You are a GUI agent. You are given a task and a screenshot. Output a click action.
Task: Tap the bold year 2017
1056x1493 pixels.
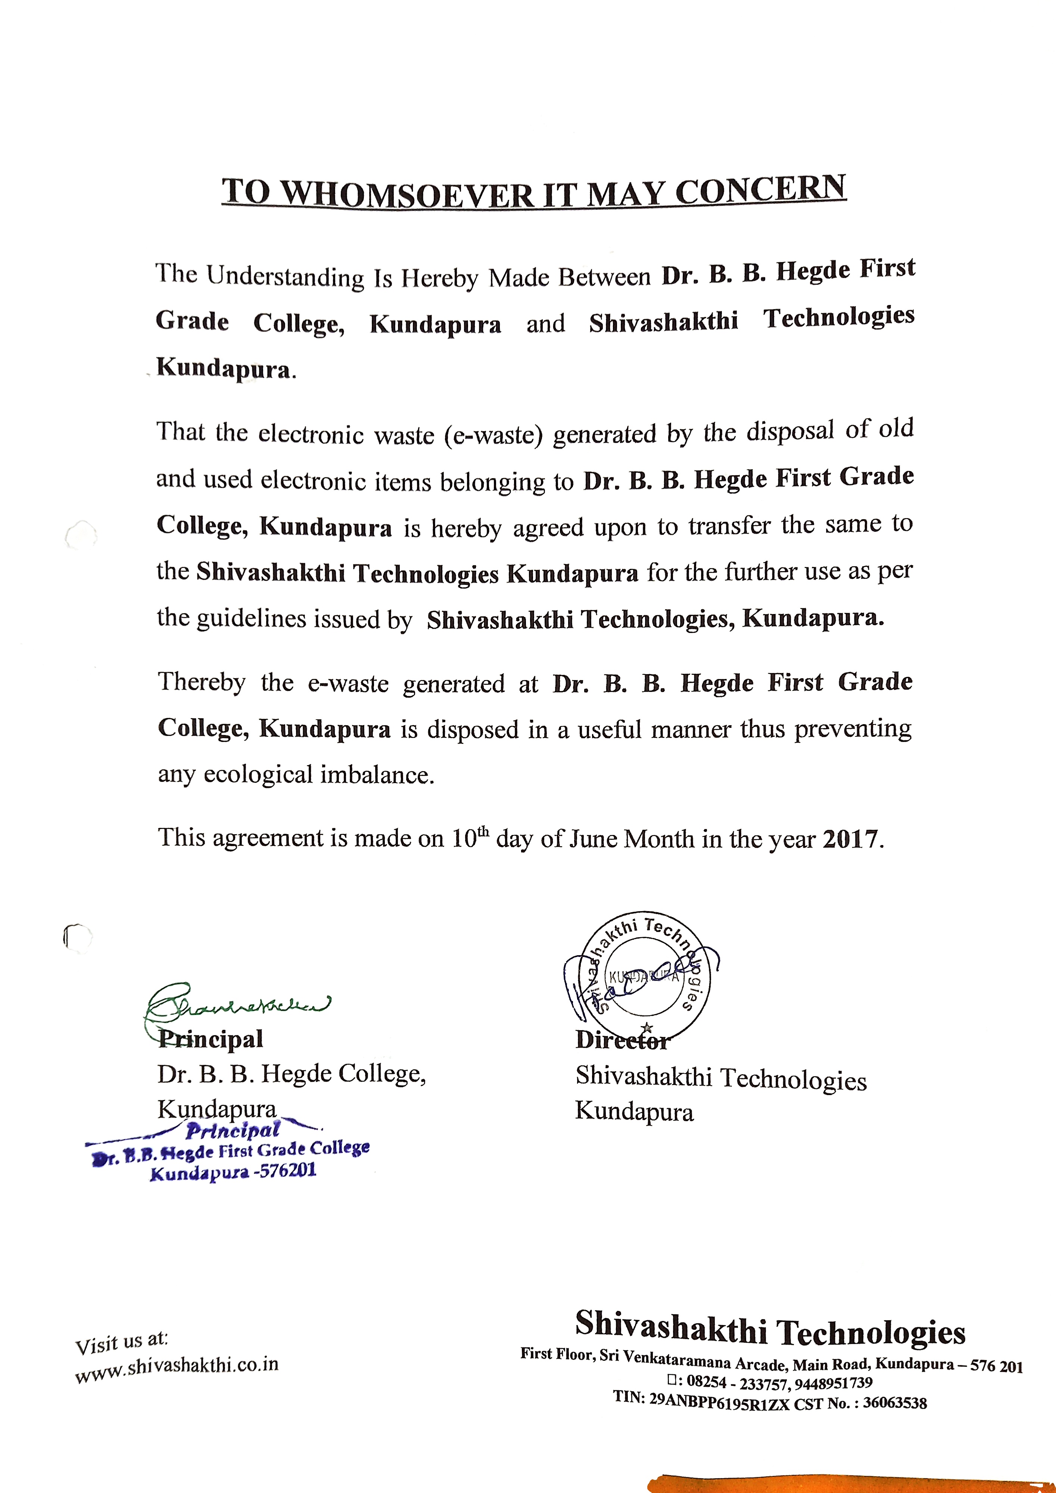click(x=851, y=839)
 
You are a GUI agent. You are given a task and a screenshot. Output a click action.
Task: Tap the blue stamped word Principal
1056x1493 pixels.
click(x=233, y=1131)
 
